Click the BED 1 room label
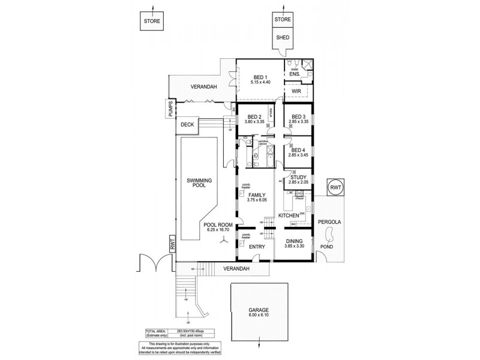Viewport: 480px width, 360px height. click(x=259, y=76)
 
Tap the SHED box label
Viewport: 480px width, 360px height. click(x=283, y=37)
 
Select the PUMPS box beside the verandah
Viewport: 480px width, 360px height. click(x=170, y=109)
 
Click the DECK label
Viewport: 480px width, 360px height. click(x=187, y=125)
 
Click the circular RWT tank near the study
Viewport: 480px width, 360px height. click(x=335, y=188)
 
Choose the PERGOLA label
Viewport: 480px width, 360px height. click(x=329, y=222)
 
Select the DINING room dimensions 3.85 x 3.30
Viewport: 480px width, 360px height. click(x=294, y=246)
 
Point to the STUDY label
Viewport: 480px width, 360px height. click(x=298, y=177)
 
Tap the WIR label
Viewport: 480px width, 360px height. click(x=296, y=91)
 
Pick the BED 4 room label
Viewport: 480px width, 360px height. click(x=298, y=149)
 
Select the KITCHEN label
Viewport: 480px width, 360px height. click(x=289, y=214)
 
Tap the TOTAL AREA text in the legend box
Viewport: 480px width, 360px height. click(x=155, y=331)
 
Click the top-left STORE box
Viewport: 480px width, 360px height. click(x=152, y=22)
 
